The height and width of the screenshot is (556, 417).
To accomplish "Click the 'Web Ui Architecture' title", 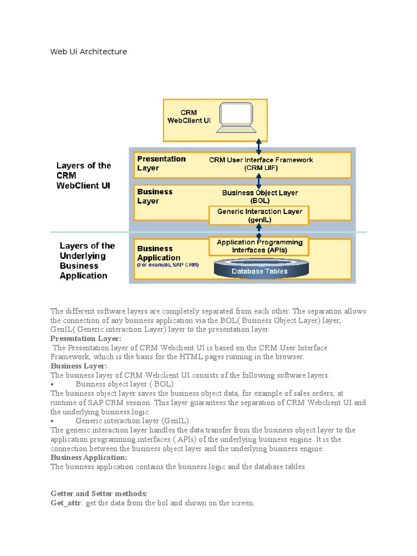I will pyautogui.click(x=89, y=52).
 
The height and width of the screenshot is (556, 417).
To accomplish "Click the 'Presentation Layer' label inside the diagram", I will pyautogui.click(x=161, y=163).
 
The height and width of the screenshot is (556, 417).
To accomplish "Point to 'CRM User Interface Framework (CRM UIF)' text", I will pyautogui.click(x=261, y=163).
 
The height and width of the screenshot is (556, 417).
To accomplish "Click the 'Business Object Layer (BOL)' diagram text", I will pyautogui.click(x=260, y=196).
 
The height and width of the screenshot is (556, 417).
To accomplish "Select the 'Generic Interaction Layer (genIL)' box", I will pyautogui.click(x=259, y=215).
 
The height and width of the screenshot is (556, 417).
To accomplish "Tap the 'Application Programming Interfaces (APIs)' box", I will pyautogui.click(x=259, y=246).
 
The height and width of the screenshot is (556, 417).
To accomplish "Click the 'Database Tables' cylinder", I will pyautogui.click(x=260, y=270).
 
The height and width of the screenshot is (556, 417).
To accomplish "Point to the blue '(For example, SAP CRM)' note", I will pyautogui.click(x=168, y=265).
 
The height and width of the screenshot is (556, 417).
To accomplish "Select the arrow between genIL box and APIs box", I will pyautogui.click(x=259, y=231).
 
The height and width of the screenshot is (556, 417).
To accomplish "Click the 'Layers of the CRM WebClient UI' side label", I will pyautogui.click(x=84, y=175).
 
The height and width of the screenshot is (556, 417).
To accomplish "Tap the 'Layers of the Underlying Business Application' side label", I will pyautogui.click(x=87, y=261).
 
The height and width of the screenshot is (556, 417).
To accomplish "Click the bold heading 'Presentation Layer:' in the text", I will pyautogui.click(x=86, y=338).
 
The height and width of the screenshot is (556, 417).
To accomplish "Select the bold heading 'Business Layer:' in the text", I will pyautogui.click(x=79, y=366).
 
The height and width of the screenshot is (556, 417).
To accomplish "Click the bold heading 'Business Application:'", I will pyautogui.click(x=89, y=457).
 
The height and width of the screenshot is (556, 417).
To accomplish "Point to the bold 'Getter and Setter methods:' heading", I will pyautogui.click(x=99, y=494).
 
